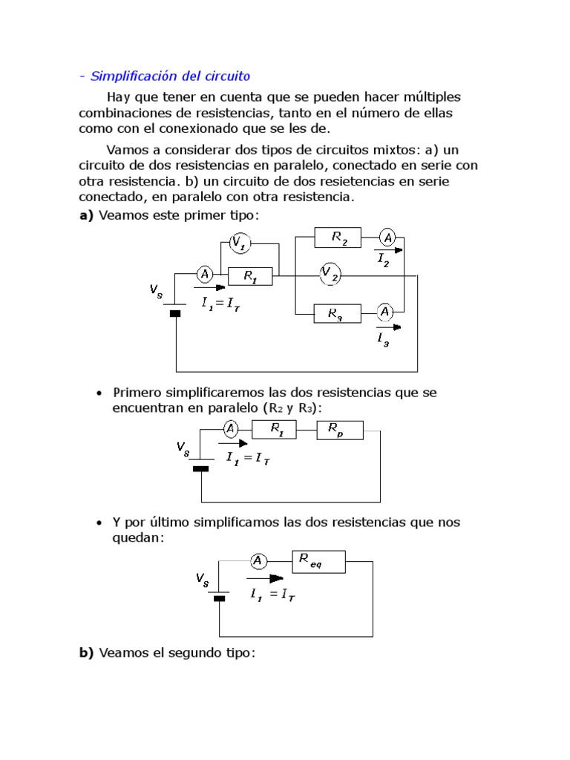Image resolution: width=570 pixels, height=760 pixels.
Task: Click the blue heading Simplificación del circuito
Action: tap(170, 76)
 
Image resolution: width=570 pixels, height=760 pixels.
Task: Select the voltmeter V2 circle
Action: tap(330, 275)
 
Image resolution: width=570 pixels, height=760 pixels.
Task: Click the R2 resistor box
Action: tap(338, 237)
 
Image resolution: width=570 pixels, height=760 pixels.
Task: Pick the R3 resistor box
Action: tap(338, 314)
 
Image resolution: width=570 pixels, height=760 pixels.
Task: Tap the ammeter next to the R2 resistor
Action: tap(387, 237)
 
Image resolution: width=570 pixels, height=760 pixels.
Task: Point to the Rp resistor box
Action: tap(340, 430)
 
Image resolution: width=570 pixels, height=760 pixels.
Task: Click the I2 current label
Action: tap(383, 260)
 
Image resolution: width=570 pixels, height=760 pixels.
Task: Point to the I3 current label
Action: tap(383, 339)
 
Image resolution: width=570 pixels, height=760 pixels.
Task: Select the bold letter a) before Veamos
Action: tap(86, 215)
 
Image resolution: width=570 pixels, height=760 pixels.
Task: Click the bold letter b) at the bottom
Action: tap(86, 653)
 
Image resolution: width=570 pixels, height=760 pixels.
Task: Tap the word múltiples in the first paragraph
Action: tap(427, 97)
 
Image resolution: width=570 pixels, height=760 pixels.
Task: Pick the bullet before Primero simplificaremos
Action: tap(99, 392)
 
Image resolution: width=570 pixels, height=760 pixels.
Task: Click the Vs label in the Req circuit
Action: tap(202, 579)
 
